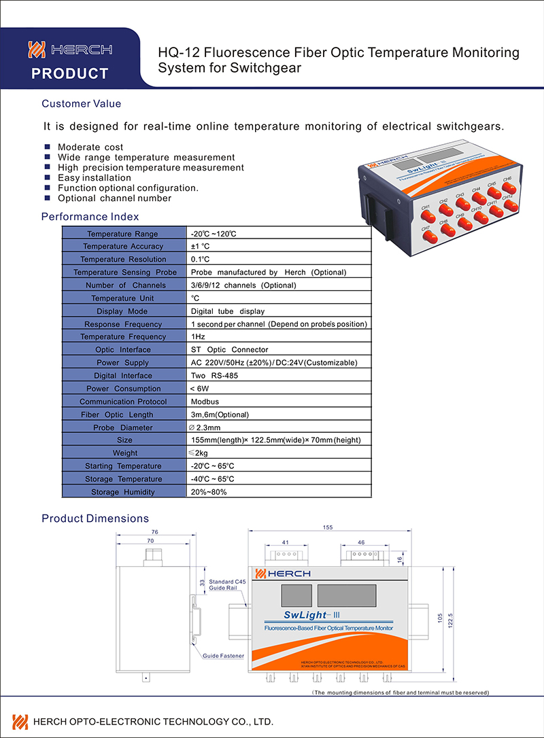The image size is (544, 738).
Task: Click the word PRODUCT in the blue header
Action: coord(70,73)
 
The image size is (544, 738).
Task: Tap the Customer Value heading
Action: coord(82,104)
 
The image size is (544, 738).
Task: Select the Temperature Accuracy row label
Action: coord(123,247)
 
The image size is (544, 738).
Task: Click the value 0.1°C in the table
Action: coord(201,260)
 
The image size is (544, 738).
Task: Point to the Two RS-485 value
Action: coord(215,376)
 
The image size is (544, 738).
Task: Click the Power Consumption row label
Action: coord(123,389)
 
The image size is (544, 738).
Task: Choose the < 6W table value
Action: coord(201,389)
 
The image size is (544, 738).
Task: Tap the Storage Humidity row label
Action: coord(123,492)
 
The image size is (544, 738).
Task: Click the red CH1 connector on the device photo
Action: coord(428,216)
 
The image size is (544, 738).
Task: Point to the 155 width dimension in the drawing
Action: coord(328,527)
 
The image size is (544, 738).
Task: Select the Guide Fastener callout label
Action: coord(223,656)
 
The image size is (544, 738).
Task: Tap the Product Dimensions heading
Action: coord(95,519)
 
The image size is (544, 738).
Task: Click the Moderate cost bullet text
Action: coord(90,147)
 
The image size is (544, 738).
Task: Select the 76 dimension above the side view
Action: coord(154,532)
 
